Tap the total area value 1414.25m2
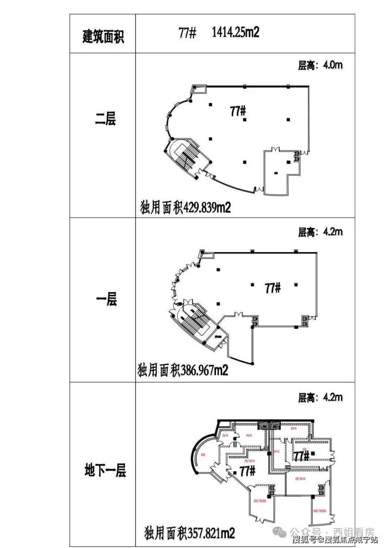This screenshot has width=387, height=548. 236,33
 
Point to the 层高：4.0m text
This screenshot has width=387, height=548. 320,66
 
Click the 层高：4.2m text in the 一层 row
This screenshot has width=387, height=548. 320,232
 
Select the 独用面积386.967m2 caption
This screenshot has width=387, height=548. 183,371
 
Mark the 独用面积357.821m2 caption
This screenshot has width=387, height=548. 188,533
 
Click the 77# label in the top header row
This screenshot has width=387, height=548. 187,33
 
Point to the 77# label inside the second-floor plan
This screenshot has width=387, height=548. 238,111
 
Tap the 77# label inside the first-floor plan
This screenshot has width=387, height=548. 273,288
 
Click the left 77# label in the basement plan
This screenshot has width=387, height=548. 247,471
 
